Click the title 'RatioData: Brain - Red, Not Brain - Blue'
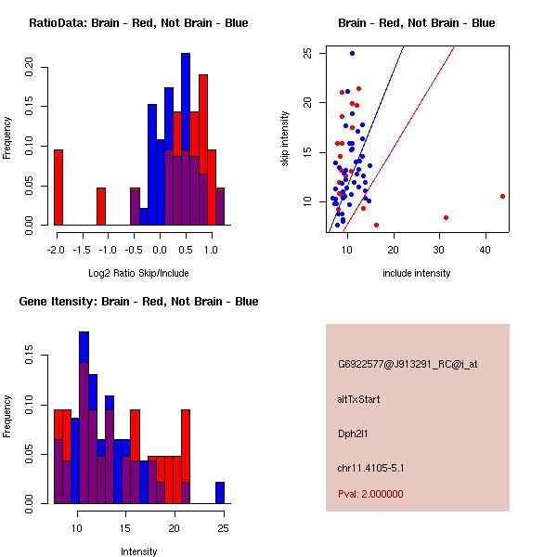[137, 22]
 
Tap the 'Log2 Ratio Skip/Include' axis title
[137, 272]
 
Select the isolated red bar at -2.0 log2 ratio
[58, 187]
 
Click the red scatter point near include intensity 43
[502, 196]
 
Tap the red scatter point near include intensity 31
[447, 217]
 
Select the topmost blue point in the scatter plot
[352, 53]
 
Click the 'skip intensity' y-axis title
[285, 139]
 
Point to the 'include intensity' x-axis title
[416, 273]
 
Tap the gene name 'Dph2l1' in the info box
[356, 434]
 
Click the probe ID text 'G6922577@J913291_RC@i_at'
[408, 365]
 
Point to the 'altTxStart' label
[359, 399]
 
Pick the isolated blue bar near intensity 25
[220, 492]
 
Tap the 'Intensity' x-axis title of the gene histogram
[138, 551]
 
